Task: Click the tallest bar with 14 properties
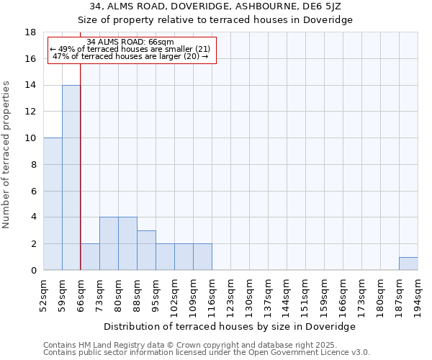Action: [71, 177]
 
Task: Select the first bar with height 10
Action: [53, 204]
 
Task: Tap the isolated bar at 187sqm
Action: [408, 264]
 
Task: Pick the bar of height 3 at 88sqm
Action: [146, 250]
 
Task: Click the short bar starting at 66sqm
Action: [90, 256]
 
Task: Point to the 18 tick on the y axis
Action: [31, 32]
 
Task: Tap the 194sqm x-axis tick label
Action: [418, 295]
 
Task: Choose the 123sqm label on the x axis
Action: [231, 295]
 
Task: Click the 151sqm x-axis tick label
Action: [306, 295]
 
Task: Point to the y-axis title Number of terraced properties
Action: [6, 155]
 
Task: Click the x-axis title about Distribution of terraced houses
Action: [230, 326]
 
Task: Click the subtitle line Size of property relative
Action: [215, 19]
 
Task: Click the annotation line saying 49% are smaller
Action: [130, 49]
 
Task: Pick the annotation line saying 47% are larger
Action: [130, 56]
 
